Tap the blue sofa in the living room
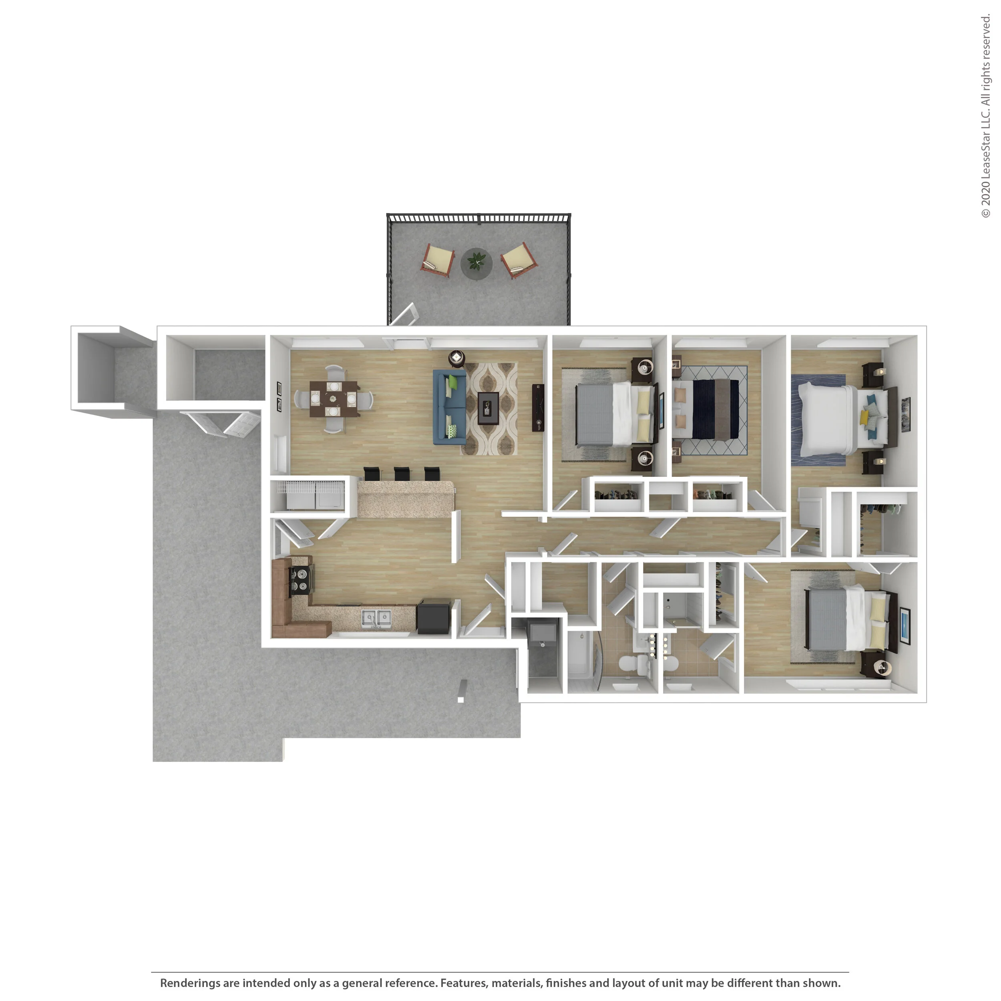[x=449, y=407]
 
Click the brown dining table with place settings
[x=334, y=399]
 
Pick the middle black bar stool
[x=402, y=474]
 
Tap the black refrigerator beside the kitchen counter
[x=434, y=616]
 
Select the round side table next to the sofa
[x=456, y=358]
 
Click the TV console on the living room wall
[x=538, y=408]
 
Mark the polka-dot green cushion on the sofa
[x=452, y=431]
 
